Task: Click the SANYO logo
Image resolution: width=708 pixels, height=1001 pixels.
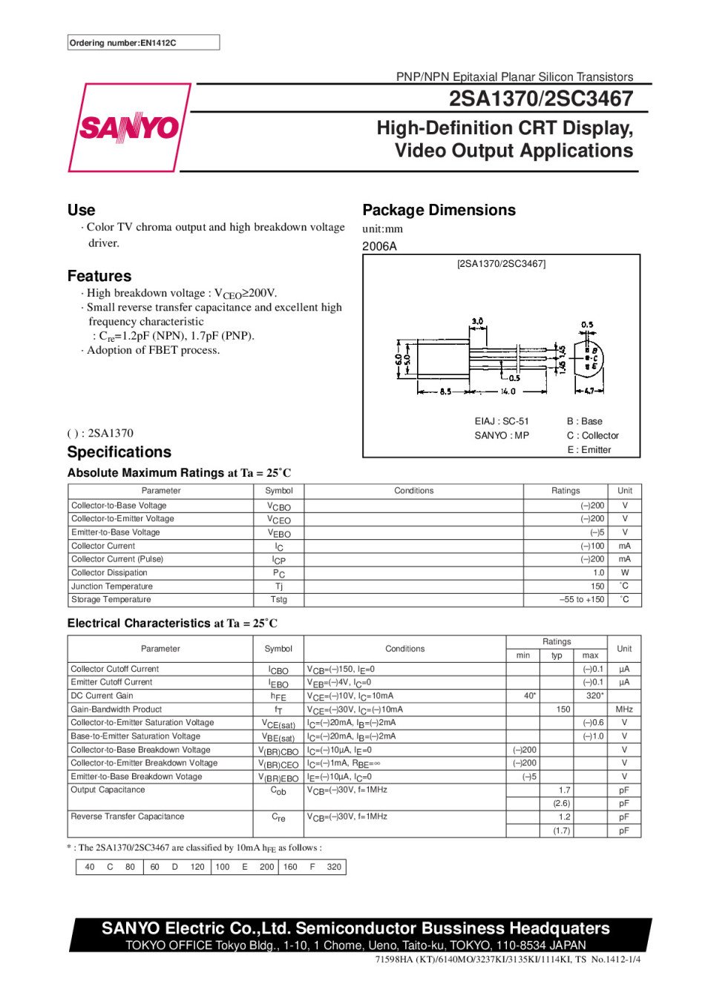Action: click(129, 128)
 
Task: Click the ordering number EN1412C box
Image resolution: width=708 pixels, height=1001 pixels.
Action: click(143, 43)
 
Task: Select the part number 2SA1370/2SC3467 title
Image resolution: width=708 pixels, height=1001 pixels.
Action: click(540, 99)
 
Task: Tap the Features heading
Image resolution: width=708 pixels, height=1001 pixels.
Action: click(99, 276)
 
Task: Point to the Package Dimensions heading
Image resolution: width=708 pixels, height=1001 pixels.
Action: click(439, 210)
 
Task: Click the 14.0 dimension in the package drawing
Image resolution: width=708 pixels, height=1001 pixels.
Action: click(508, 391)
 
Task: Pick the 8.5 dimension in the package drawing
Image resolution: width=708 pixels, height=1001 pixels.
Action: click(445, 391)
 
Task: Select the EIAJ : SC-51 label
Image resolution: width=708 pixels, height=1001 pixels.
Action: click(502, 421)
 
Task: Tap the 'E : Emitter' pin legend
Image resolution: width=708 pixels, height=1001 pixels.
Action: click(589, 450)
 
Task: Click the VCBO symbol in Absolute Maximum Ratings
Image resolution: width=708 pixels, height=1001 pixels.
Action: click(279, 506)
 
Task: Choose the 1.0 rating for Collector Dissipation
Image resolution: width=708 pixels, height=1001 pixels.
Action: click(598, 572)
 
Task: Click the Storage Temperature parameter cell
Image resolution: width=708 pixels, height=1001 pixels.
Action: click(111, 599)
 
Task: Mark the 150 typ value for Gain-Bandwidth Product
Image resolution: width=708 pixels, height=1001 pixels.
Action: click(563, 709)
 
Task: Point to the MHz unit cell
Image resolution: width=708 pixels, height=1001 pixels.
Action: click(623, 709)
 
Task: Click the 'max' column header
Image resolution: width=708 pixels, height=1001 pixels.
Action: click(590, 655)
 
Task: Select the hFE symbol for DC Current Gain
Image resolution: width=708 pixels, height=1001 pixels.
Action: click(278, 696)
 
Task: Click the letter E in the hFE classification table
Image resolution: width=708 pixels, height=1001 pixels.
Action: click(244, 867)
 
